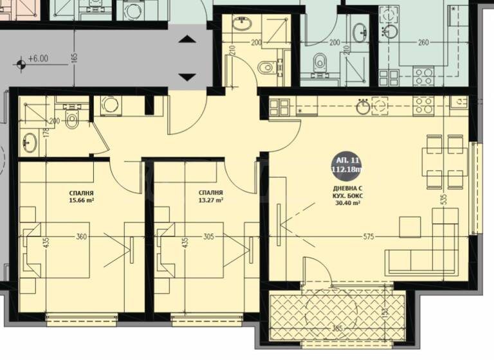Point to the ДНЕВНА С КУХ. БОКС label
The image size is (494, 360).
347,196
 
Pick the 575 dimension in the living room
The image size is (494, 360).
369,237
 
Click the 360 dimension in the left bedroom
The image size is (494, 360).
81,237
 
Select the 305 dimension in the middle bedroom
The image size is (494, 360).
208,237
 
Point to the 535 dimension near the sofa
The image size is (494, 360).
444,201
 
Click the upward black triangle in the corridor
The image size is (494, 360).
187,40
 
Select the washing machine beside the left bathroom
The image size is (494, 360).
109,105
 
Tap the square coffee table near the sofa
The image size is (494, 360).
409,226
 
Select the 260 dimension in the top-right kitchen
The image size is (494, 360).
423,43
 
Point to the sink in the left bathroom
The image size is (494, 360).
29,139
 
